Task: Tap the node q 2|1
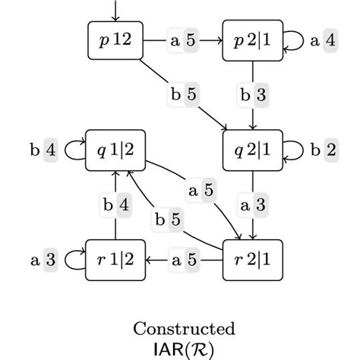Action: point(252,150)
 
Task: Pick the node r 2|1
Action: point(252,260)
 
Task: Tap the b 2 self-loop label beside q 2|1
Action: point(324,150)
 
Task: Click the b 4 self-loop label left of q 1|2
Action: point(43,150)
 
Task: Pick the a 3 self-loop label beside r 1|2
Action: point(43,260)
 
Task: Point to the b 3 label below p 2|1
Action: point(252,95)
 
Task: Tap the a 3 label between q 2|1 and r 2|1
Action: point(252,205)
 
